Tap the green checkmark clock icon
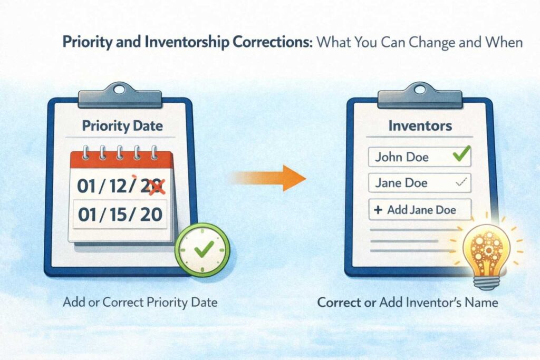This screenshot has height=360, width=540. [x=202, y=249]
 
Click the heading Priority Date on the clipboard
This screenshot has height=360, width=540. [x=122, y=127]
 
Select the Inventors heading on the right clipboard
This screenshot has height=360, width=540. [x=420, y=126]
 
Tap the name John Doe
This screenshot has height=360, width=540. [x=402, y=157]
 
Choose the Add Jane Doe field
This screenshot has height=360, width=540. [x=420, y=209]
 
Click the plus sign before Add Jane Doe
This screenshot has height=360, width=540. [x=378, y=210]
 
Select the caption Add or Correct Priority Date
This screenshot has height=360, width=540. [x=140, y=303]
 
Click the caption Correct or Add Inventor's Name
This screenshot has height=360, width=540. [x=407, y=303]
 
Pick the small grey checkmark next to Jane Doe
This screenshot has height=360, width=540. [x=460, y=182]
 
